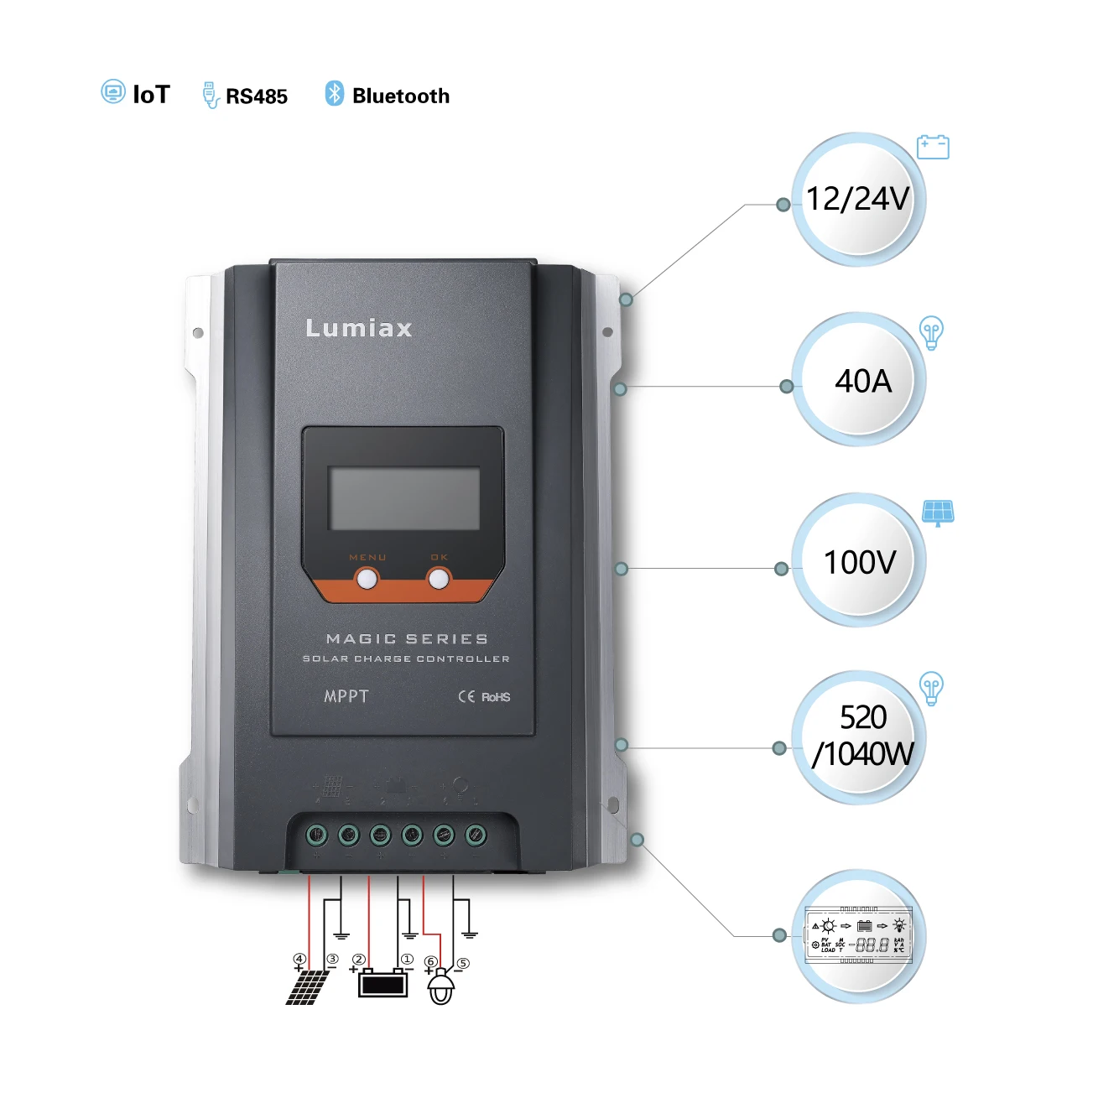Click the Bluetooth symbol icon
coord(335,94)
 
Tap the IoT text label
coord(152,95)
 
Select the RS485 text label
coord(257,96)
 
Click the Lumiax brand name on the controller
coord(359,328)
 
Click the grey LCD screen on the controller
coord(404,498)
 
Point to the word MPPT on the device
coord(346,696)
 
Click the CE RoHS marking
coord(484,697)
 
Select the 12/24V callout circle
coord(857,200)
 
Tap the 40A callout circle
coord(858,380)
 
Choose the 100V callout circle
coord(858,560)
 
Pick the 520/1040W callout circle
coord(858,737)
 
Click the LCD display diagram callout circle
coord(858,936)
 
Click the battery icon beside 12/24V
coord(933,148)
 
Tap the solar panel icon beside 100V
coord(938,512)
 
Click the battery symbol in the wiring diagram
coord(383,983)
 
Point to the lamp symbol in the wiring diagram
coord(441,987)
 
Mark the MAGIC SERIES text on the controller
coord(407,639)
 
